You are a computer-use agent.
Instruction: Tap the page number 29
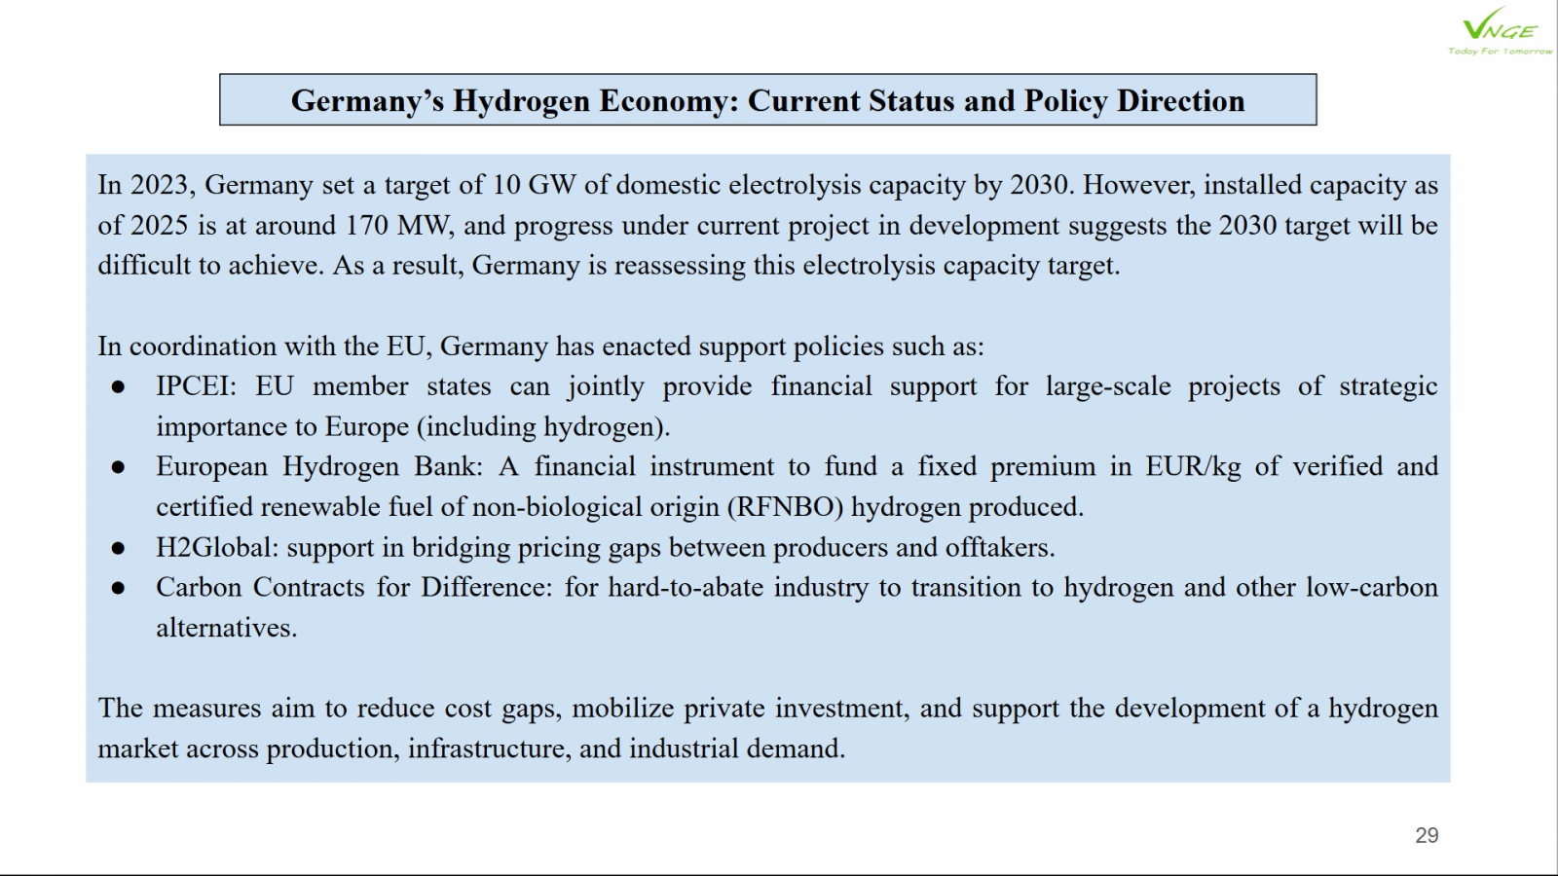(x=1427, y=835)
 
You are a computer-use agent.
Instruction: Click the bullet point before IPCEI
(x=118, y=387)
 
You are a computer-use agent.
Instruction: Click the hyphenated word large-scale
(x=1108, y=386)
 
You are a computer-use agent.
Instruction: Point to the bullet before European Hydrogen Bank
(x=118, y=468)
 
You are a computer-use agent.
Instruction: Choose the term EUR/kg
(x=1193, y=467)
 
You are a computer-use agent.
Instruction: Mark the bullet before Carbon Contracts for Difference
(x=118, y=589)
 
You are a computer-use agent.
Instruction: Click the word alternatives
(x=227, y=628)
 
